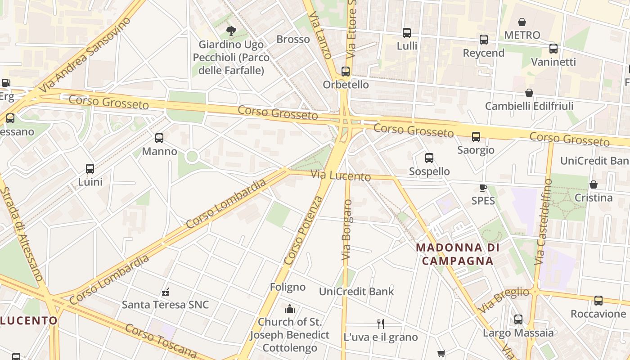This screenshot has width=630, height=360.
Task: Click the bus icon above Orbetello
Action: (x=345, y=72)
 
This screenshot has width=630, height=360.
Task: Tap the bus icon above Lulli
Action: (x=407, y=33)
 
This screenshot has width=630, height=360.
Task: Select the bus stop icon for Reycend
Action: (x=484, y=40)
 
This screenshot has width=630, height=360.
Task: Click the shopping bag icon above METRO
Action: (x=522, y=22)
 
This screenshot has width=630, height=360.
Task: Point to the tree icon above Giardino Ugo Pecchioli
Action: (x=231, y=31)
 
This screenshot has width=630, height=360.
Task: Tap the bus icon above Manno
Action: (x=159, y=138)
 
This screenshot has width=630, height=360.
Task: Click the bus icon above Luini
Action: (x=90, y=169)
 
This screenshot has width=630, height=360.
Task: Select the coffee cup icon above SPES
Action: (x=483, y=188)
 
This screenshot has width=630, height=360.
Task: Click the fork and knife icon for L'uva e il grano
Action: (x=381, y=324)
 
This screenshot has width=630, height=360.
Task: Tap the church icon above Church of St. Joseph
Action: (x=290, y=309)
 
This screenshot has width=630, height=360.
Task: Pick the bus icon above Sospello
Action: (x=429, y=158)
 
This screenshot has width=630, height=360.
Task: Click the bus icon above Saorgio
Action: (x=476, y=137)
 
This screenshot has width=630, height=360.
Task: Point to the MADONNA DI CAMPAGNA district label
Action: (x=458, y=254)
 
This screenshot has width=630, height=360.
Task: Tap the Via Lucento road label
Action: (x=341, y=176)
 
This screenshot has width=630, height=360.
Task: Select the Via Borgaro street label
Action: (x=346, y=229)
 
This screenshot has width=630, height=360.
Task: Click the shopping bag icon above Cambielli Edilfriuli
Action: (x=529, y=93)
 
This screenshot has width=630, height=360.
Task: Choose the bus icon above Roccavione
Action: (x=598, y=301)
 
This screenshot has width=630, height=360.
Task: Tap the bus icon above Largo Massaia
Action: (x=518, y=319)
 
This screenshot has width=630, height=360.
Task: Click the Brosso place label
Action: (x=293, y=39)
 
